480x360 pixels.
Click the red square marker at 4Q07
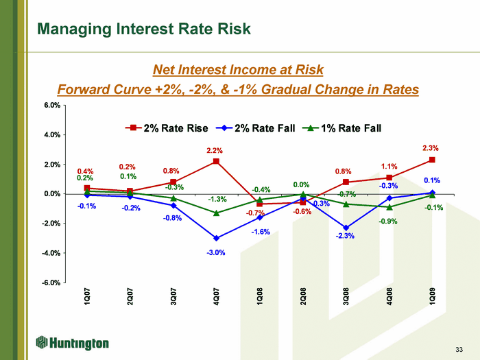point(216,161)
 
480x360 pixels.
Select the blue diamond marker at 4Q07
point(216,238)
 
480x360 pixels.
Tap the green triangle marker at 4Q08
point(389,207)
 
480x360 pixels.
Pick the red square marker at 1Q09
point(432,160)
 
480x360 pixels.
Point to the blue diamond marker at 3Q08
point(346,228)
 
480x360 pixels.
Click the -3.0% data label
point(216,252)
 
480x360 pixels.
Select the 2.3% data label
point(431,148)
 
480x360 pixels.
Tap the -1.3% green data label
point(217,200)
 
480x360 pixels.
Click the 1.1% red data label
point(389,167)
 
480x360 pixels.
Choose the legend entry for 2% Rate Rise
point(167,128)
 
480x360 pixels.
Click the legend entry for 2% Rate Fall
point(255,128)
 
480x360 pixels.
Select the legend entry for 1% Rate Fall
point(341,128)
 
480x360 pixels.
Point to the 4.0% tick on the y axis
point(52,134)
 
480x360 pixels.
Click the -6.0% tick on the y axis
point(51,283)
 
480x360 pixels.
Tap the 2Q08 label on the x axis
point(303,296)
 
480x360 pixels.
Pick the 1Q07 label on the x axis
point(87,296)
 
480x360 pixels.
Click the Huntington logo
point(72,343)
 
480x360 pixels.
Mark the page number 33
point(459,349)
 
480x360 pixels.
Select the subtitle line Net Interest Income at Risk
point(238,70)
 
